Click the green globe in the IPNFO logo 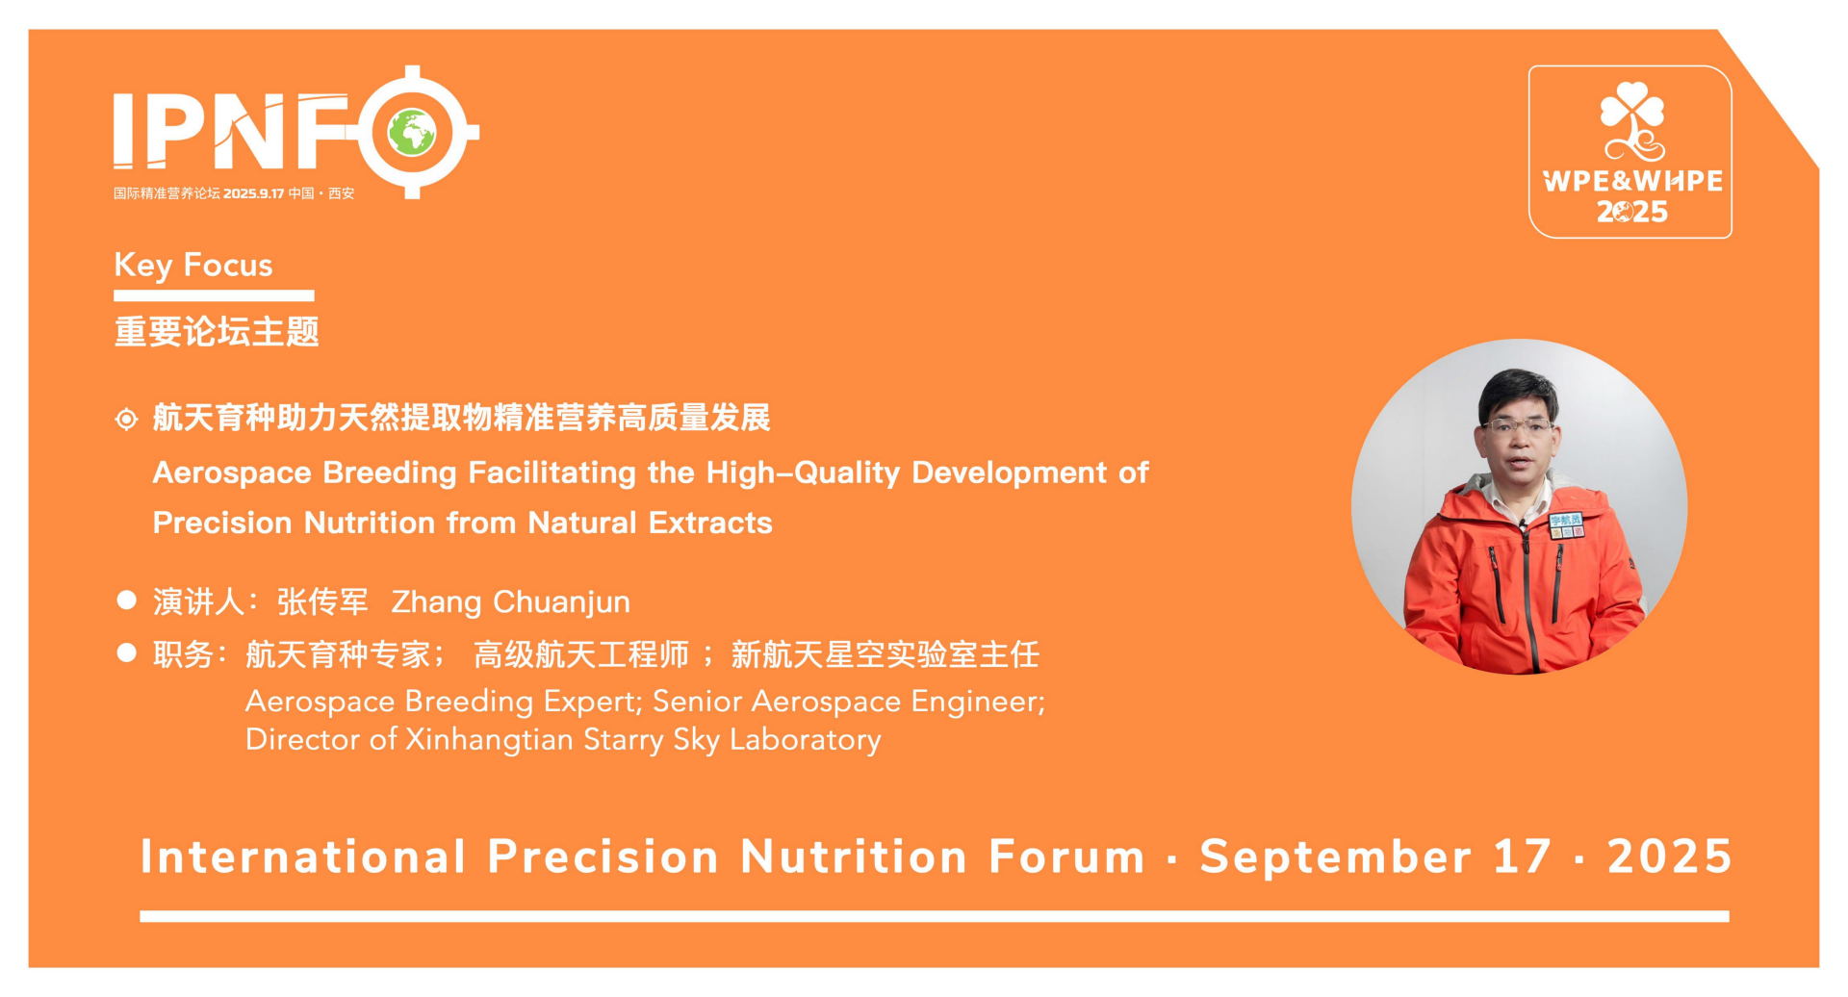point(412,133)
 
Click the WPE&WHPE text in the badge point(1632,181)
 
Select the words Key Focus point(193,265)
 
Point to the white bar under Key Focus point(214,295)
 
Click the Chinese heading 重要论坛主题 point(217,332)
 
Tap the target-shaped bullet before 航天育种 point(126,419)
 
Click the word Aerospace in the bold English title point(232,473)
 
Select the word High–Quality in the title point(803,473)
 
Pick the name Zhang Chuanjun point(510,602)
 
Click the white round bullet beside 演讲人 point(126,601)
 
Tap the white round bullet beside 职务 point(126,653)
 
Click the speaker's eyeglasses point(1519,425)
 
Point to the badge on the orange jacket point(1566,525)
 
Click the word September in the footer point(1335,856)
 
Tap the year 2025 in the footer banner point(1669,856)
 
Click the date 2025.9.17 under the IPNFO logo point(254,193)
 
